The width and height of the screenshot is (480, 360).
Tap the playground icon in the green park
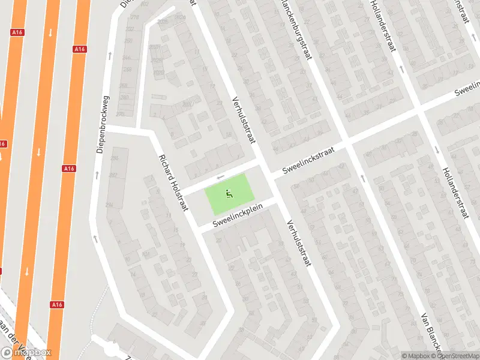tap(229, 194)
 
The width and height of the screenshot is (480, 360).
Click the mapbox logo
tap(26, 352)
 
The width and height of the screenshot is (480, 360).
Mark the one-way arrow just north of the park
tap(220, 177)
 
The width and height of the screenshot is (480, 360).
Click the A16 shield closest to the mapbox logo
tap(57, 304)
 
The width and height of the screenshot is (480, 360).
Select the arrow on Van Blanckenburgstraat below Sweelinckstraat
tap(362, 178)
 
